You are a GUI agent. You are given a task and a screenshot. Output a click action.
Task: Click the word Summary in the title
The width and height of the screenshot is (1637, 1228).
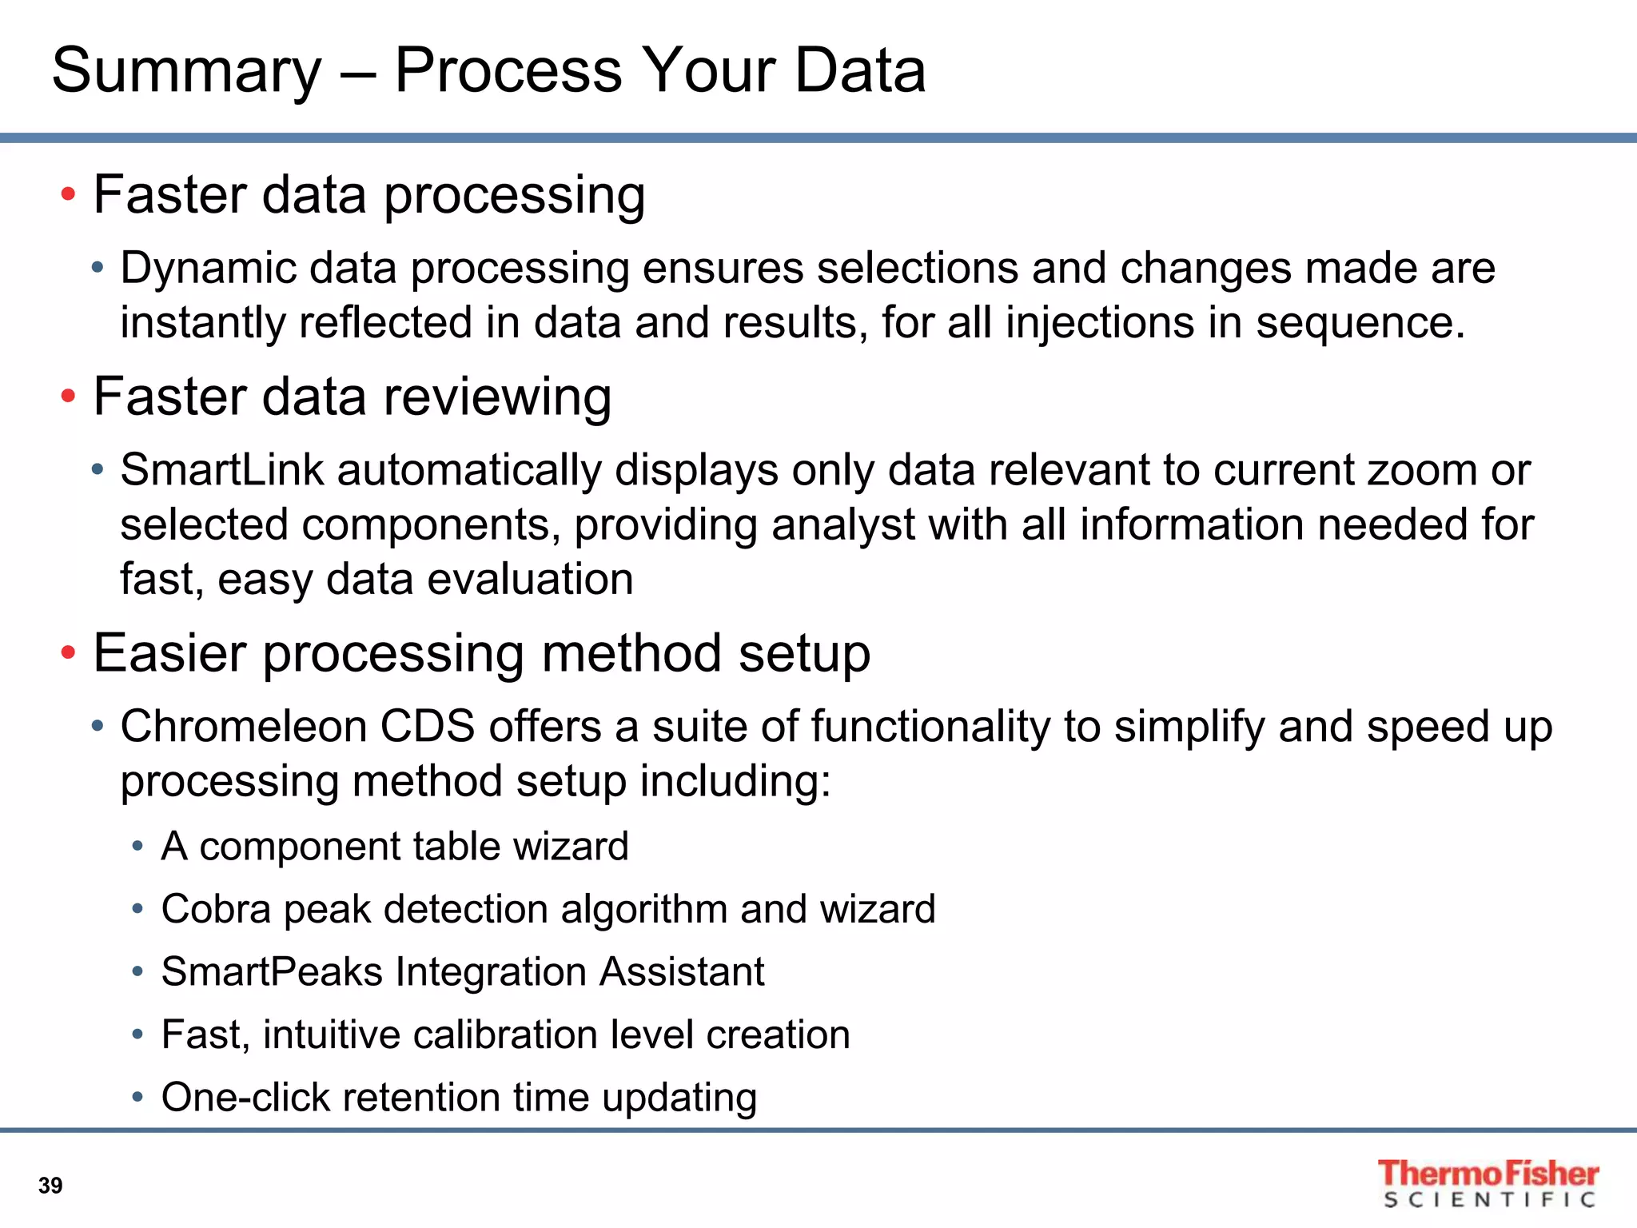point(186,72)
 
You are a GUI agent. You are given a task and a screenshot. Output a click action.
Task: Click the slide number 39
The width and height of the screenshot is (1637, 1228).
point(50,1185)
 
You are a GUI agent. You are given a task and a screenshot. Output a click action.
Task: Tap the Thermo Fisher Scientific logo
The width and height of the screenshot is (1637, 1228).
point(1488,1182)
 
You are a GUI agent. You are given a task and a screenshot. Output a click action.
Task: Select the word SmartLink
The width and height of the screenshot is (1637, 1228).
point(222,470)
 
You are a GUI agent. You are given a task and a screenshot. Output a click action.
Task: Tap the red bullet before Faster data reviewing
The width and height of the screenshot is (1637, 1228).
point(69,396)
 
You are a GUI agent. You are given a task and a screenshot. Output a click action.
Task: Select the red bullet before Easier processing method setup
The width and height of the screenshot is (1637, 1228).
point(69,652)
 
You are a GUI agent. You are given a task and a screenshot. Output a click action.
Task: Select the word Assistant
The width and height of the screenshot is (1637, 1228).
point(682,972)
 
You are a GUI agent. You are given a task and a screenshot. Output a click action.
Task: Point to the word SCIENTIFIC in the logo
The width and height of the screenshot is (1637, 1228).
point(1491,1200)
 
